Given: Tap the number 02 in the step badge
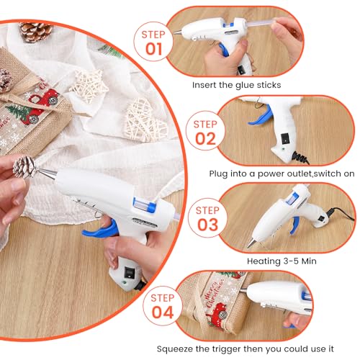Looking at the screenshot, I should (206, 138).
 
